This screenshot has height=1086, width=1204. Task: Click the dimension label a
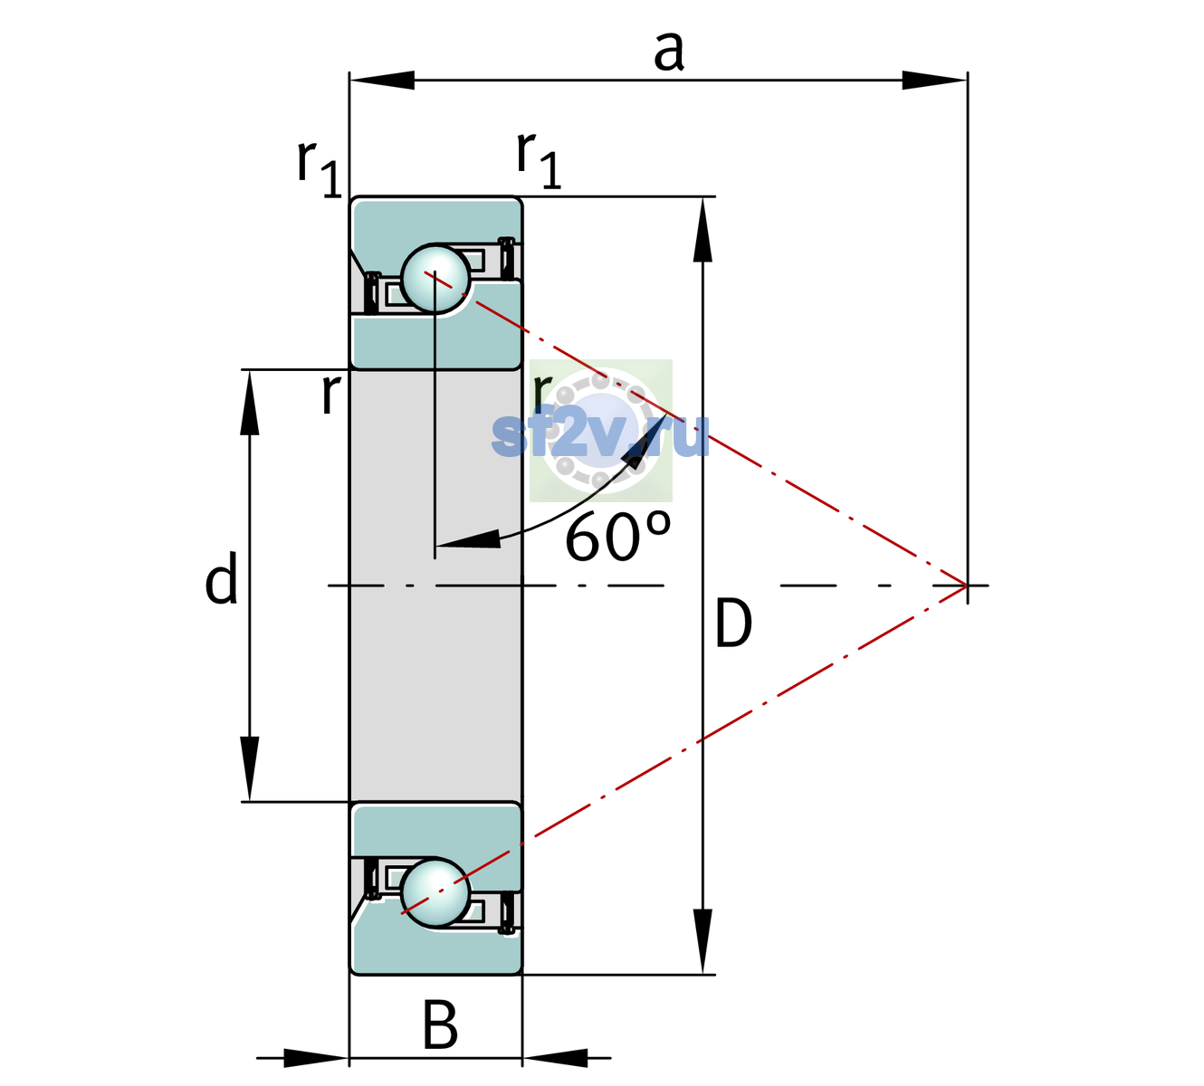coord(669,51)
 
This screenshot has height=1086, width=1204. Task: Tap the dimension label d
coord(222,576)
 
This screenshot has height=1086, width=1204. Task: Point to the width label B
coord(440,1024)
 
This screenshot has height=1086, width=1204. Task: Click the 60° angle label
coord(617,536)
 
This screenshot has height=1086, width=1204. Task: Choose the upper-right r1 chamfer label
coord(539,161)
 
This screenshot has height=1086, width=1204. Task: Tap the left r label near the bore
coord(331,394)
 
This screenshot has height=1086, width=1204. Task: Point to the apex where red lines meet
coord(967,585)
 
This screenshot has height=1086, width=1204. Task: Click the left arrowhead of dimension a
coord(382,80)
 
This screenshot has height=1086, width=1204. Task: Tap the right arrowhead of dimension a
coord(934,80)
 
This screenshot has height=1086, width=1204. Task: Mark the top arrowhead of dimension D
coord(702,230)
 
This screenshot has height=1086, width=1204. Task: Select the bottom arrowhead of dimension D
coord(702,941)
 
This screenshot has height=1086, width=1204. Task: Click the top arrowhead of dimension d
coord(250,403)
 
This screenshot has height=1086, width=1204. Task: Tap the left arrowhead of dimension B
coord(316,1058)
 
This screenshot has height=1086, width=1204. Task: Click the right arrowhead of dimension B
coord(555,1058)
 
